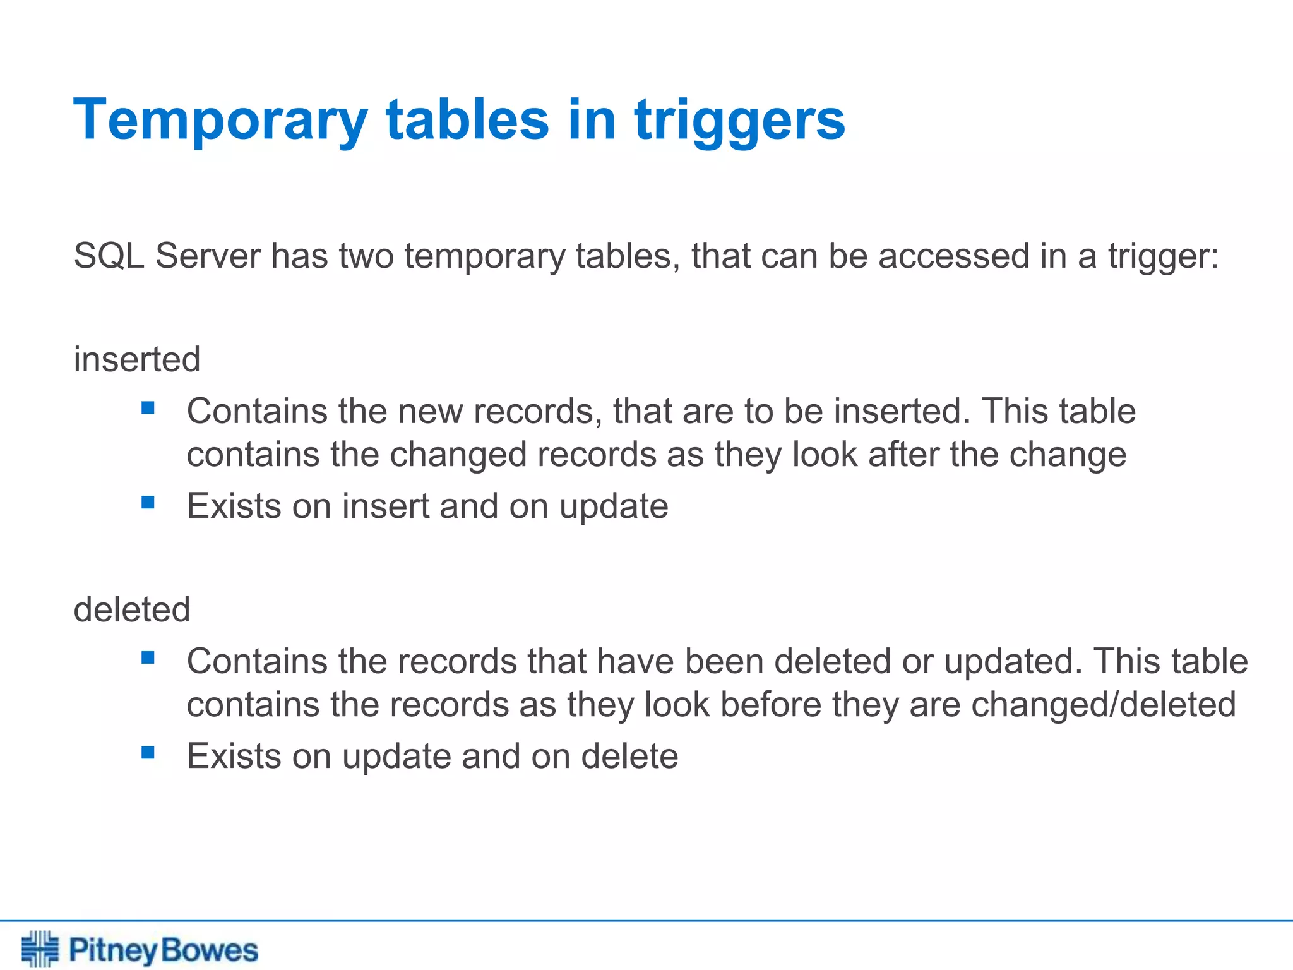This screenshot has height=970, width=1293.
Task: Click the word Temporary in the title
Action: click(220, 120)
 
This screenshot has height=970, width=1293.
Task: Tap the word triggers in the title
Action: click(740, 120)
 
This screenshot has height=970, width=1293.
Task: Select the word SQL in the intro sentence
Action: click(109, 256)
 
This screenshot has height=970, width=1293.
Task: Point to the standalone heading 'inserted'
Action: click(137, 359)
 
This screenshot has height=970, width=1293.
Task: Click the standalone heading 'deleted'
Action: click(132, 609)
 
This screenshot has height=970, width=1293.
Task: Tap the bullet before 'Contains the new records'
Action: click(148, 408)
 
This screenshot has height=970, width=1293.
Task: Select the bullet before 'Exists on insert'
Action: click(148, 503)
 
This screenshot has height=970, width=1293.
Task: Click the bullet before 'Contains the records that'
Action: click(148, 658)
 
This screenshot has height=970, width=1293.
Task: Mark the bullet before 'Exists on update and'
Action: click(148, 753)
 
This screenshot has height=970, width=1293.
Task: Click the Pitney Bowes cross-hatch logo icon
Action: click(40, 949)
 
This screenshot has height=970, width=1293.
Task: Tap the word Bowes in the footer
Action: click(210, 950)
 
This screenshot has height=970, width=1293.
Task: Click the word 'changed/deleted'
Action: click(1103, 705)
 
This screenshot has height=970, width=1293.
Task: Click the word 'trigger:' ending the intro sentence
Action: click(1164, 256)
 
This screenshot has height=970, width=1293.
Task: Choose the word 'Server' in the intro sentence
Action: click(208, 256)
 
